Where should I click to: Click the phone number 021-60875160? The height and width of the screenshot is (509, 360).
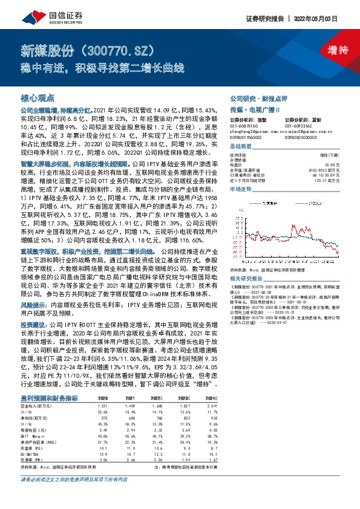pos(243,126)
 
